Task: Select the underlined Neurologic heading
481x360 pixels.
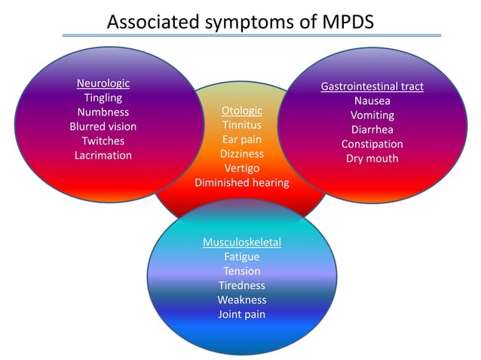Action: click(103, 84)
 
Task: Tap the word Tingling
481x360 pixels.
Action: click(103, 98)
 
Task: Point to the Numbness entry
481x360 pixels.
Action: click(103, 112)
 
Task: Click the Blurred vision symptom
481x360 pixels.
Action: click(103, 127)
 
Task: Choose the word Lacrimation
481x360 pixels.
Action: click(103, 155)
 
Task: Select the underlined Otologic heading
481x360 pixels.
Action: click(242, 111)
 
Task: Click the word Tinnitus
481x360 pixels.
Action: click(242, 125)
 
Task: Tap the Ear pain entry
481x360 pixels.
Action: click(242, 139)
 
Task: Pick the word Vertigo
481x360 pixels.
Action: click(242, 168)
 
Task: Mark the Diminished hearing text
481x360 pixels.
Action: click(242, 182)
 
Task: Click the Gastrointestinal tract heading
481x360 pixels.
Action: click(372, 87)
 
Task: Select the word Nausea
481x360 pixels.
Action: click(372, 101)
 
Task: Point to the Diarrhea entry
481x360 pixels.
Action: click(372, 130)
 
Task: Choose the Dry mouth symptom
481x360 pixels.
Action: click(372, 158)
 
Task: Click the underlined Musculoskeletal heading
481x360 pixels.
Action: click(242, 243)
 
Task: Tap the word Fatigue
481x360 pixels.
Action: click(242, 257)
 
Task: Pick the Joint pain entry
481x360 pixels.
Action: click(242, 314)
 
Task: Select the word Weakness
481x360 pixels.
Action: click(242, 300)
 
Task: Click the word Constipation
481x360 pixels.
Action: click(372, 144)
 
